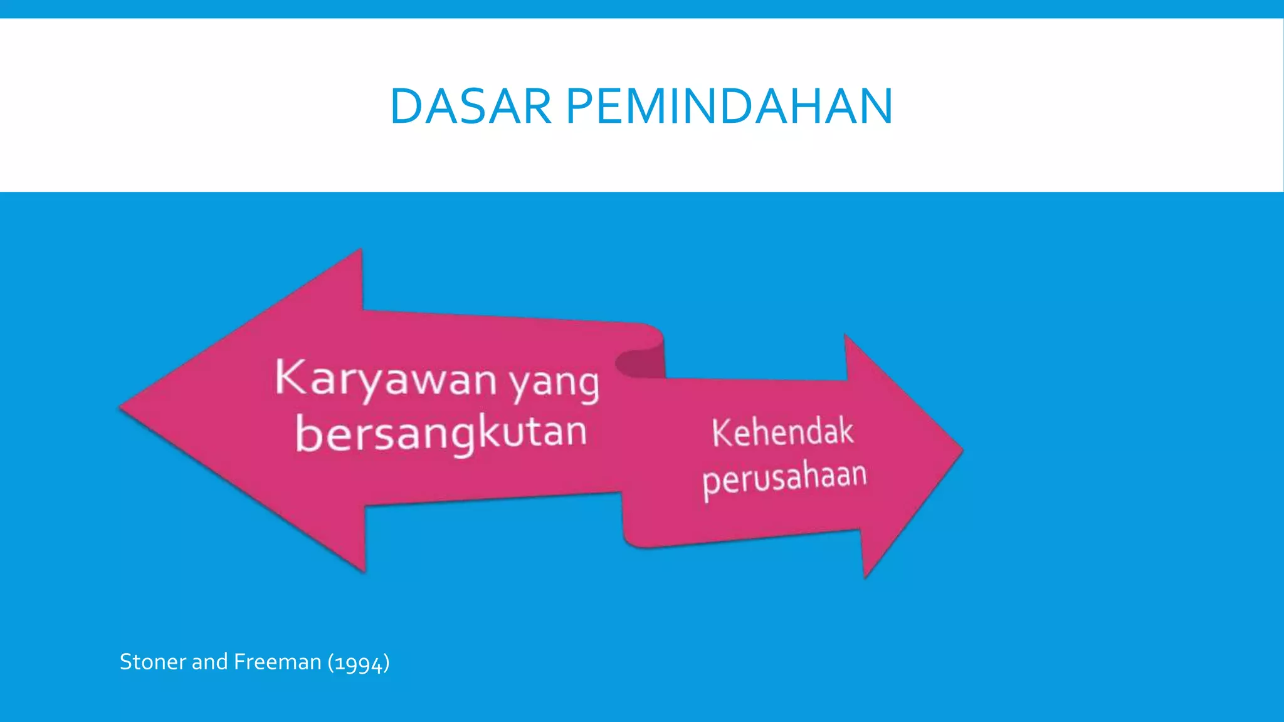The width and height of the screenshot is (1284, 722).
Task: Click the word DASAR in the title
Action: (x=470, y=106)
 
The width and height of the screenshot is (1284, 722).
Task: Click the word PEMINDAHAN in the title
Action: (x=729, y=106)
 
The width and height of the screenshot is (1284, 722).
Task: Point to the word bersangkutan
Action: (x=441, y=434)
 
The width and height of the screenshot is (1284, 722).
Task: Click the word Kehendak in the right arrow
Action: (x=782, y=432)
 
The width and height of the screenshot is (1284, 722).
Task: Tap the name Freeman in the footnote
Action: (x=277, y=662)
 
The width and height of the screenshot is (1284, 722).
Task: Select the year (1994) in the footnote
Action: (x=359, y=662)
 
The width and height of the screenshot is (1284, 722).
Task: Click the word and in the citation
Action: (x=209, y=662)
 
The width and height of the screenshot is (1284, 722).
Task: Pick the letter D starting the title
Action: (x=406, y=106)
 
